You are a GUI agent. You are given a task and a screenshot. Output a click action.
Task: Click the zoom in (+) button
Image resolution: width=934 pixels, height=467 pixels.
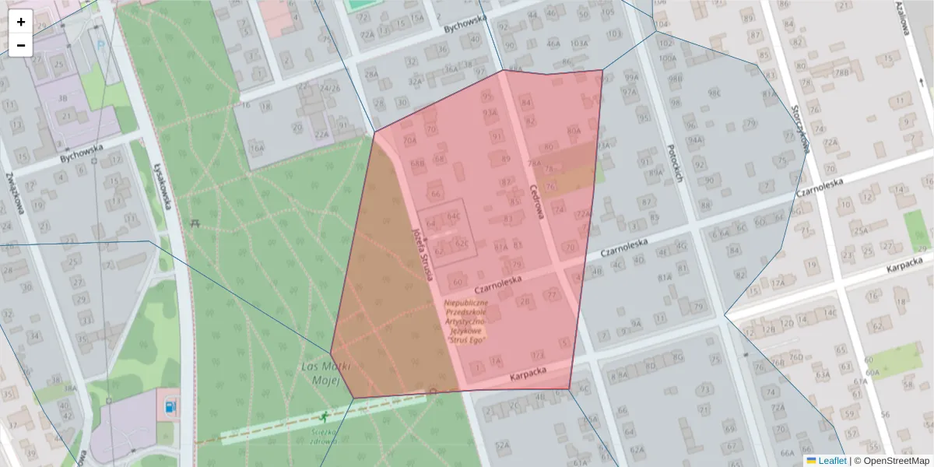coord(21,22)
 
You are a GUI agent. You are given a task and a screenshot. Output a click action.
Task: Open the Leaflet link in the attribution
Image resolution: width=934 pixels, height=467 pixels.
coord(831,461)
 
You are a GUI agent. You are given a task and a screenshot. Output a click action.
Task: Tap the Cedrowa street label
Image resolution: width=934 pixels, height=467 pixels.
coord(535,201)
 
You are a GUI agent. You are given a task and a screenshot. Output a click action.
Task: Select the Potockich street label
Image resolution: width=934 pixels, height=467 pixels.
coord(674,163)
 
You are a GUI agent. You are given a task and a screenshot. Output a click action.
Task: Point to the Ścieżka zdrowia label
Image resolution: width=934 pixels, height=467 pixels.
coord(321,436)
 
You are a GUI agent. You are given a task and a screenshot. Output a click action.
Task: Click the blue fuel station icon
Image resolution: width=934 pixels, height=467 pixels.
coord(169,406)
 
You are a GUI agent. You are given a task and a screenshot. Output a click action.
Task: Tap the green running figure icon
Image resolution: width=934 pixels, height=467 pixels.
coord(324,418)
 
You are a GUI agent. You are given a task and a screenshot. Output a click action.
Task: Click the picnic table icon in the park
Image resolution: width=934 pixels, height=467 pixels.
coord(195,223)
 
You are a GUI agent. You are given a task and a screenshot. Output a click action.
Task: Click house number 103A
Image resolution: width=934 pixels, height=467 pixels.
coord(578,44)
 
